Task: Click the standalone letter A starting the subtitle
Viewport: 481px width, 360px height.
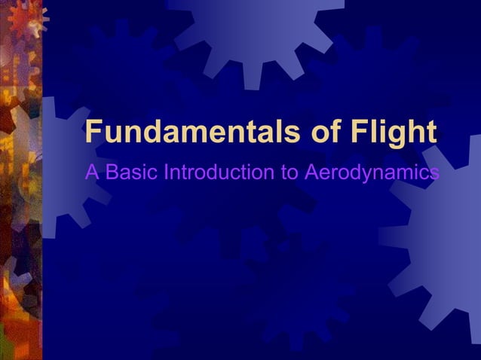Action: point(93,172)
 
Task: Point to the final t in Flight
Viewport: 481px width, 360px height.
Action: point(430,133)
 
